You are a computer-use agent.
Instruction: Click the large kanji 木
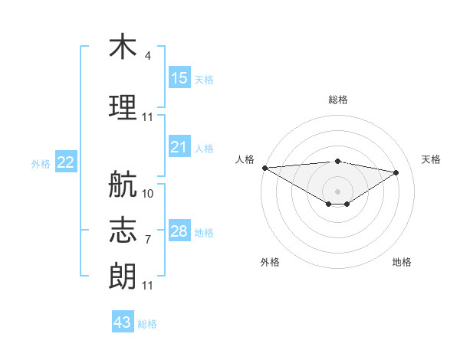click(123, 46)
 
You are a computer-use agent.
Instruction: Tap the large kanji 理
click(123, 107)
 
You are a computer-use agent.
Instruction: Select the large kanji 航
click(123, 184)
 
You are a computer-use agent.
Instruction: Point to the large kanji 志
click(123, 230)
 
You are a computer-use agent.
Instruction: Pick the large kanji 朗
click(123, 276)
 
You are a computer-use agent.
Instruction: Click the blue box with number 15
click(179, 77)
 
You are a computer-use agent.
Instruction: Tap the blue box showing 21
click(179, 146)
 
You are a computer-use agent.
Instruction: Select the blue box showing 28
click(179, 230)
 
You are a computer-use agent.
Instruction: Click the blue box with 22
click(66, 162)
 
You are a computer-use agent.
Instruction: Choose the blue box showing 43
click(123, 321)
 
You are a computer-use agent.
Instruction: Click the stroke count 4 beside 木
click(147, 55)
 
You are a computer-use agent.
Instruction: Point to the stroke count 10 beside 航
click(147, 194)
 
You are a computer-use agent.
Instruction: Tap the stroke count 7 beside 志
click(148, 240)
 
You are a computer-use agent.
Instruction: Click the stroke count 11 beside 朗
click(147, 286)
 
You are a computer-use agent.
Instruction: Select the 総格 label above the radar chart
click(338, 100)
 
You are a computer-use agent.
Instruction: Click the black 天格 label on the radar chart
click(431, 159)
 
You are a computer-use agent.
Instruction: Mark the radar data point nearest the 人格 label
click(265, 168)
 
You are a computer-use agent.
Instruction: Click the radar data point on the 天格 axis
click(396, 172)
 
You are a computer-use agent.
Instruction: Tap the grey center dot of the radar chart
click(337, 191)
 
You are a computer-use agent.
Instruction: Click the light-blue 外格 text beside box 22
click(41, 164)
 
